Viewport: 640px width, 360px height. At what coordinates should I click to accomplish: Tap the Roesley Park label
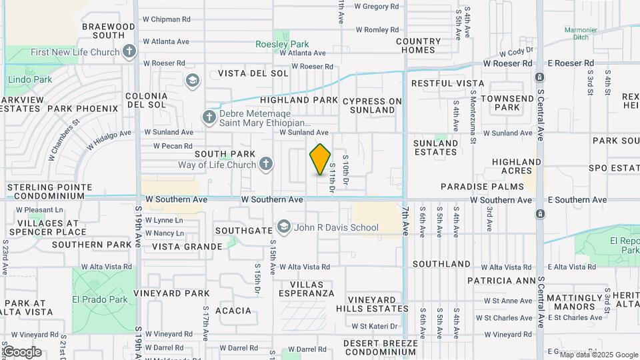[x=282, y=44]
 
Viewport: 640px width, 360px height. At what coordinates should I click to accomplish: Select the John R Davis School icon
[x=284, y=227]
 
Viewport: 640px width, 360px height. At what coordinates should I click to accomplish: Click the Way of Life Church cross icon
[x=266, y=164]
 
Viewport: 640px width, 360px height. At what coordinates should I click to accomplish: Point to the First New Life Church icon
[x=129, y=51]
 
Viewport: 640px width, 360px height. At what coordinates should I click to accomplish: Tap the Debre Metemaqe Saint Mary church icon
[x=209, y=118]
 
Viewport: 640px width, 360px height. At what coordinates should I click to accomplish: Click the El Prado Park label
[x=100, y=299]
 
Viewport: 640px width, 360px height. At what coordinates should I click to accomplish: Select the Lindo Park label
[x=29, y=80]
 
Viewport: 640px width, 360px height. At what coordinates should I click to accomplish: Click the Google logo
[x=21, y=351]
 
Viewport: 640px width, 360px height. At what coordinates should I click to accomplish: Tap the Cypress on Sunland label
[x=373, y=105]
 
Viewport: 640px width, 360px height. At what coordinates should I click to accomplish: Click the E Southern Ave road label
[x=577, y=200]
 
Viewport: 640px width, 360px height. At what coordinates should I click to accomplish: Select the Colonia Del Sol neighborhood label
[x=146, y=100]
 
